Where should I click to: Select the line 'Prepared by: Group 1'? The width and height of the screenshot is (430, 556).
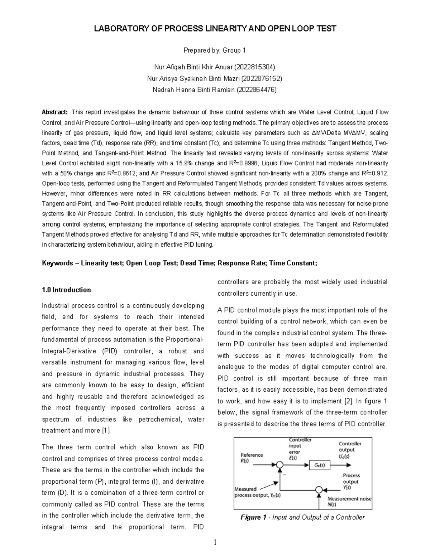pos(215,50)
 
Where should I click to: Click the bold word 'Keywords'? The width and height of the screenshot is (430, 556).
pos(57,264)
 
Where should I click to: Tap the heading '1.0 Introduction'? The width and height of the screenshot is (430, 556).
pos(66,290)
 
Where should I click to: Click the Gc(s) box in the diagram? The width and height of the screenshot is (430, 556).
pos(319,465)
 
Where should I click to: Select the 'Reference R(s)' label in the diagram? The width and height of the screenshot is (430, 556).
pos(252,458)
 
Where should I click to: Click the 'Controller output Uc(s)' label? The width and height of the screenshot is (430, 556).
pos(350,450)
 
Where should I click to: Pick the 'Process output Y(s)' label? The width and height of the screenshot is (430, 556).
pos(351,481)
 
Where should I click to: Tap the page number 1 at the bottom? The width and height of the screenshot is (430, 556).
pos(215,543)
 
